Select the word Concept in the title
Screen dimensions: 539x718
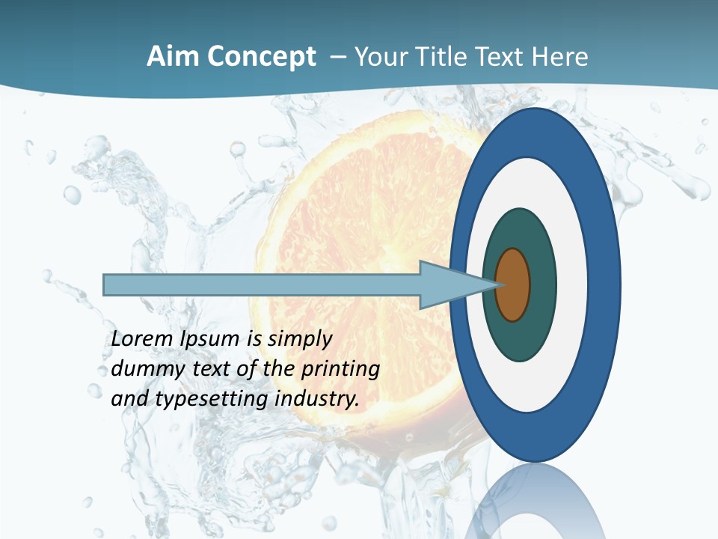click(x=262, y=57)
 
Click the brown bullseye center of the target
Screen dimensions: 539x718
click(x=513, y=285)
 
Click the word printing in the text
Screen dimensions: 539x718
click(x=341, y=369)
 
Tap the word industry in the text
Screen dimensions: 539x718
click(x=317, y=399)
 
